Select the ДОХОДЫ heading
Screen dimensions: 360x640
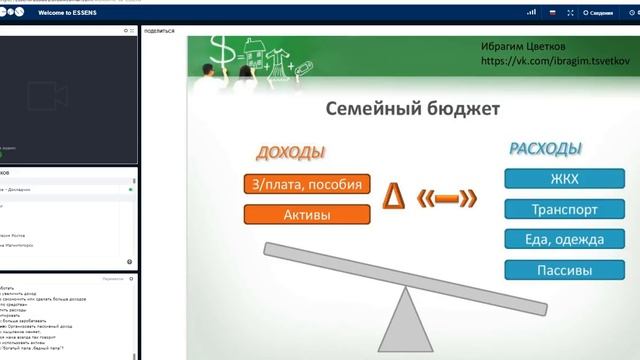pyautogui.click(x=290, y=153)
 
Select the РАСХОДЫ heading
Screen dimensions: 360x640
pyautogui.click(x=545, y=149)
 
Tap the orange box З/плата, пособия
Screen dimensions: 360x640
pyautogui.click(x=307, y=184)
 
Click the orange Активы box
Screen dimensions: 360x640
pyautogui.click(x=307, y=214)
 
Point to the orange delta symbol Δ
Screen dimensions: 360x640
pyautogui.click(x=396, y=198)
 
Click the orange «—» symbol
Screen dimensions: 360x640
pyautogui.click(x=448, y=199)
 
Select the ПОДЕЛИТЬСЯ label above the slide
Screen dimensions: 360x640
pyautogui.click(x=159, y=31)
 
